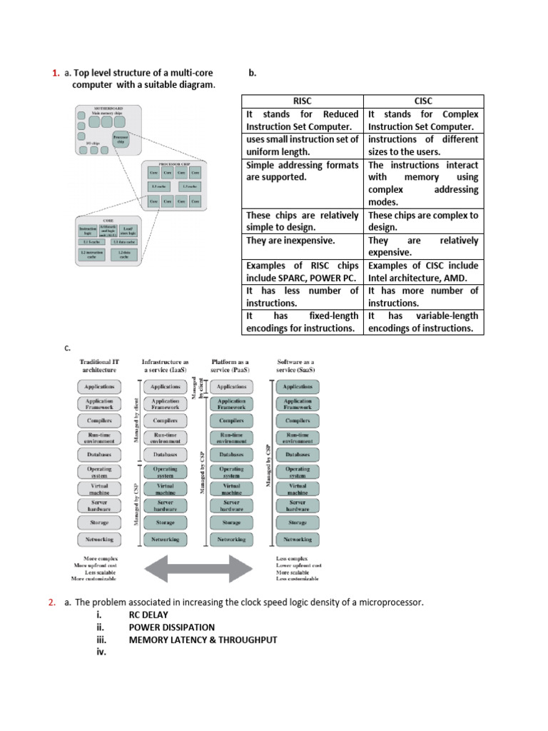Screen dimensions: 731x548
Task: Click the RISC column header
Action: coord(302,101)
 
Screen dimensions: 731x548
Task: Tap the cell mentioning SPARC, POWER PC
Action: coord(302,271)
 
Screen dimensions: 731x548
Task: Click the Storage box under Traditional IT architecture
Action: coord(99,523)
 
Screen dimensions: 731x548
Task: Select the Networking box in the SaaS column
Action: coord(298,540)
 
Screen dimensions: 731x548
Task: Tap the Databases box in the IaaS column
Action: coord(165,455)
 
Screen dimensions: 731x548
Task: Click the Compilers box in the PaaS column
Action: coord(231,420)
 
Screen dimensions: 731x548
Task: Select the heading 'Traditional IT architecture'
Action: coord(99,366)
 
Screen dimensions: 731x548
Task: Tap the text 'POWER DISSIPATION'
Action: coord(171,627)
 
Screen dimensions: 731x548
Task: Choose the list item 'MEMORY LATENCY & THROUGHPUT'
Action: coord(203,640)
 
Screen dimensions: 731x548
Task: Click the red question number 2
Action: coord(51,603)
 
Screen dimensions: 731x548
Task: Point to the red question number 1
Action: coord(55,73)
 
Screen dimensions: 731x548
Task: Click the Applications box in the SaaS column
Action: coord(298,387)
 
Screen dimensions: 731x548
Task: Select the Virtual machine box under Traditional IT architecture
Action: coord(99,489)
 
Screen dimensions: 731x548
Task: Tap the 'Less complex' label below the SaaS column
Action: coord(293,558)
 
